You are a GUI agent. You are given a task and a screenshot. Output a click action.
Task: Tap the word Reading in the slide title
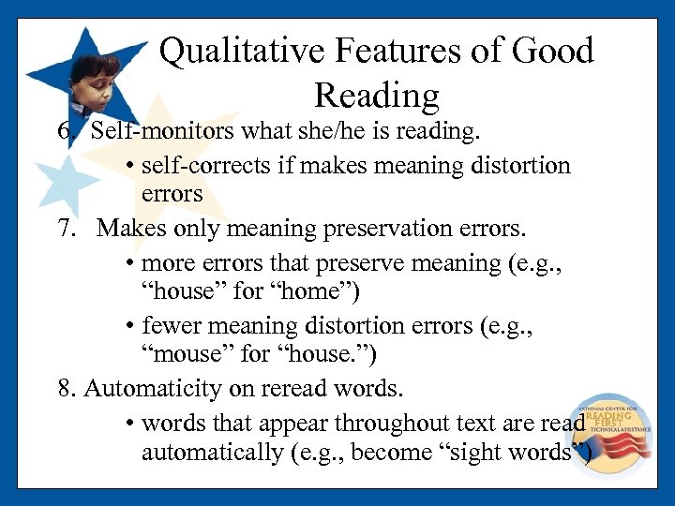[x=377, y=96]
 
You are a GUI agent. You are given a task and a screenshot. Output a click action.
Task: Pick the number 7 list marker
[x=65, y=228]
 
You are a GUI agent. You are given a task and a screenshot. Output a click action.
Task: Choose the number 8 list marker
[x=65, y=388]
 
